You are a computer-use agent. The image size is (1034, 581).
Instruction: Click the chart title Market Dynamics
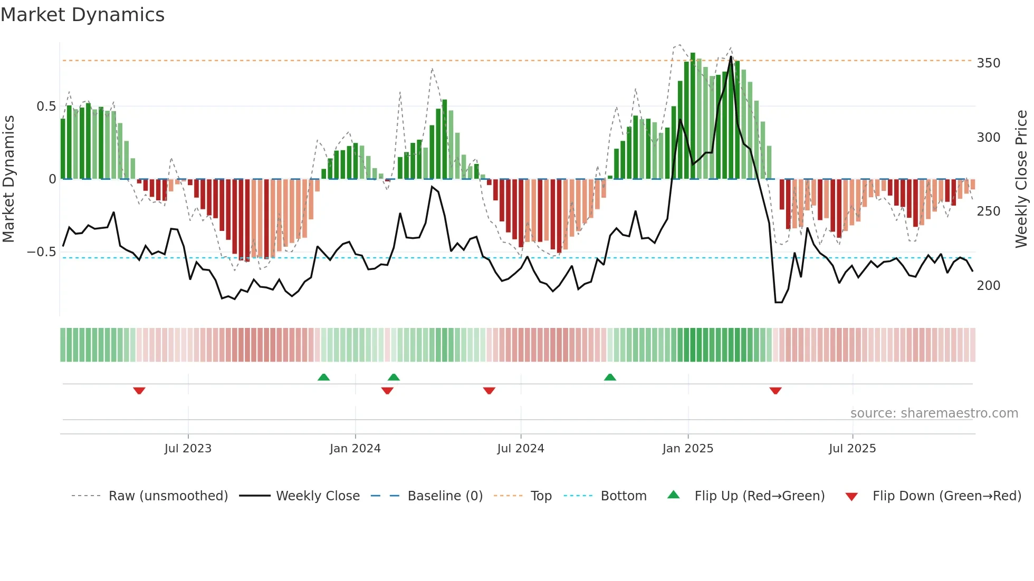click(83, 15)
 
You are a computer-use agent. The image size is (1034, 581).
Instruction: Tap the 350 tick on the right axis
click(988, 63)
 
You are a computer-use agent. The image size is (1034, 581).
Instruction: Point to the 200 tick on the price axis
click(988, 286)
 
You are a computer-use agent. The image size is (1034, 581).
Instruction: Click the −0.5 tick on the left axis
click(42, 252)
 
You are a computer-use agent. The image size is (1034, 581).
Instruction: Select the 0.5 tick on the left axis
click(46, 106)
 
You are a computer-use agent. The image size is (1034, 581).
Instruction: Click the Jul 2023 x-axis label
click(188, 449)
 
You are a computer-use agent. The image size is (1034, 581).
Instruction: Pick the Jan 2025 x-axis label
click(687, 449)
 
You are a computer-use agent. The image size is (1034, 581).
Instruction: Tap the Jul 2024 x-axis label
click(520, 449)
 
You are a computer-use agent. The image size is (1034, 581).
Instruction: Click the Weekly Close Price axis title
click(1021, 179)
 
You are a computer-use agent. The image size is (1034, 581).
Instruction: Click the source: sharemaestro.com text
click(934, 413)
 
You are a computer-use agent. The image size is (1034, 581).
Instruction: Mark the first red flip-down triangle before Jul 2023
click(139, 391)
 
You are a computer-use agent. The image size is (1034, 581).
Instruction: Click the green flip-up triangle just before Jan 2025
click(610, 377)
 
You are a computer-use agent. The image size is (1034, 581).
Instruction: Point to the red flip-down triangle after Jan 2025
click(775, 391)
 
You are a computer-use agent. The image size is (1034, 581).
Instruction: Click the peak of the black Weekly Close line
click(731, 57)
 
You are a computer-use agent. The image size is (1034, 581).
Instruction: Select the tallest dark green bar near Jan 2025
click(693, 116)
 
